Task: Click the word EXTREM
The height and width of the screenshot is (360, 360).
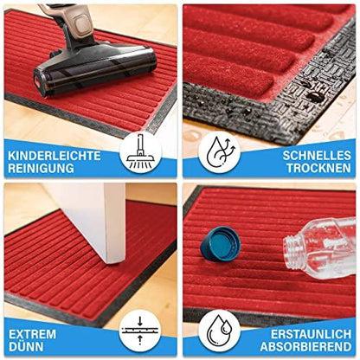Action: [x=33, y=333]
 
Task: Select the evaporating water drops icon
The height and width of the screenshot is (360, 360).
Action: [x=219, y=151]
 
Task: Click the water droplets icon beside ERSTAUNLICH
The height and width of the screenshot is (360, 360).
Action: [x=219, y=331]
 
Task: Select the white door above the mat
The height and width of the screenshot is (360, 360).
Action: [x=104, y=216]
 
